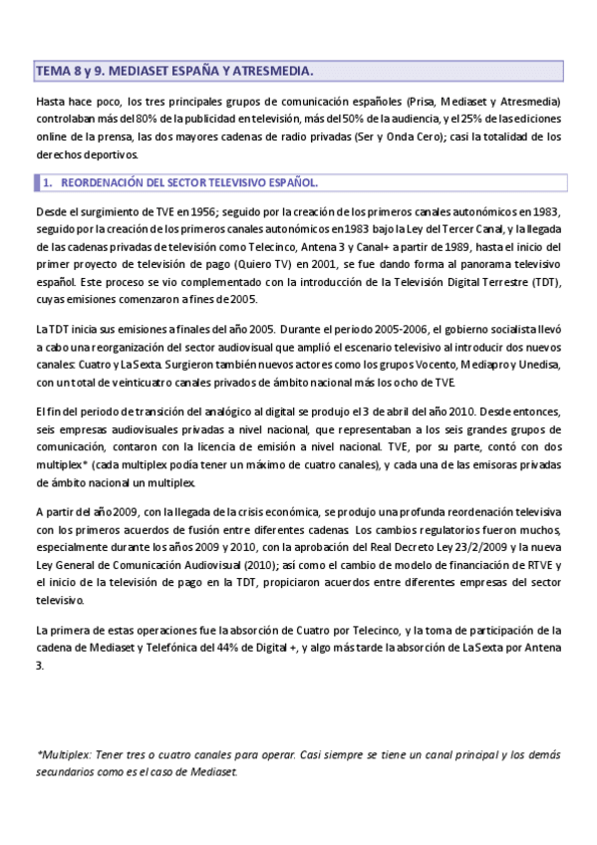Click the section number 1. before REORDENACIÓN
(47, 183)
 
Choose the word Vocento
(440, 364)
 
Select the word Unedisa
(539, 364)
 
